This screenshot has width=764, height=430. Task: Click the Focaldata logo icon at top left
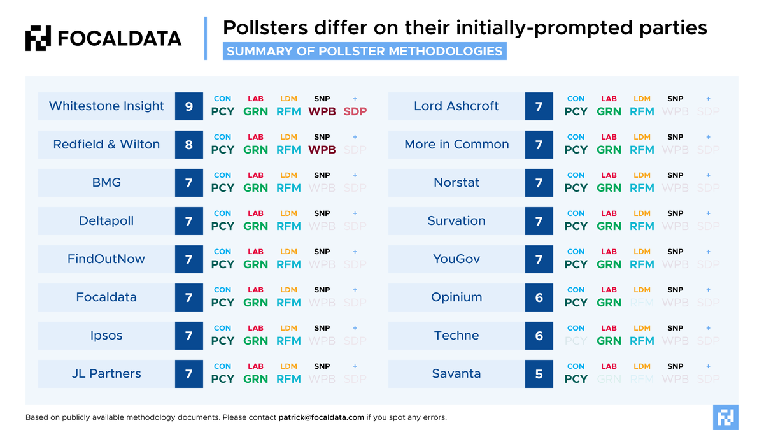coord(38,38)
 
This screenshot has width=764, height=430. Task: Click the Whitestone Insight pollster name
coord(106,106)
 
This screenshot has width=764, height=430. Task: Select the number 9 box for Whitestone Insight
coord(189,106)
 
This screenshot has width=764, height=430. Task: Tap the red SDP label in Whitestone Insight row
coord(355,111)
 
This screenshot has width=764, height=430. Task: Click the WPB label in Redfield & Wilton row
coord(322,150)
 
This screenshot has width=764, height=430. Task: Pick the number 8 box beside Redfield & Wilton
coord(189,145)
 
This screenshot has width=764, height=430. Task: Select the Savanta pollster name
coord(456,374)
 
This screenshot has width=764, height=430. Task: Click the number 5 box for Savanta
coord(539,374)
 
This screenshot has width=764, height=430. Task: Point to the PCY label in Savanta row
coord(576,379)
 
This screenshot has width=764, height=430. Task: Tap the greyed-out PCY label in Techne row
coord(576,341)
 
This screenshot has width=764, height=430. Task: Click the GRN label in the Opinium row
coord(609,303)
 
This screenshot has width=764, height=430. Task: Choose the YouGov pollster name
coord(456,259)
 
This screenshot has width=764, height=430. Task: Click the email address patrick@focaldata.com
coord(321,417)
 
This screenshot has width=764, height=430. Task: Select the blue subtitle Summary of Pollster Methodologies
coord(364,51)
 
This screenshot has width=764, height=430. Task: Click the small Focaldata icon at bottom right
coord(725,417)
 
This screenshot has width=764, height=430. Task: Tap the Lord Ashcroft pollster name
coord(456,106)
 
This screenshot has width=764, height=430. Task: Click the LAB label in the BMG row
coord(255,175)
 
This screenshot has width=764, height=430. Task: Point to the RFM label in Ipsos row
coord(288,341)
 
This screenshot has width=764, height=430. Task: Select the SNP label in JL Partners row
coord(322,366)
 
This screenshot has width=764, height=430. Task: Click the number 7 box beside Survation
coord(539,221)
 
